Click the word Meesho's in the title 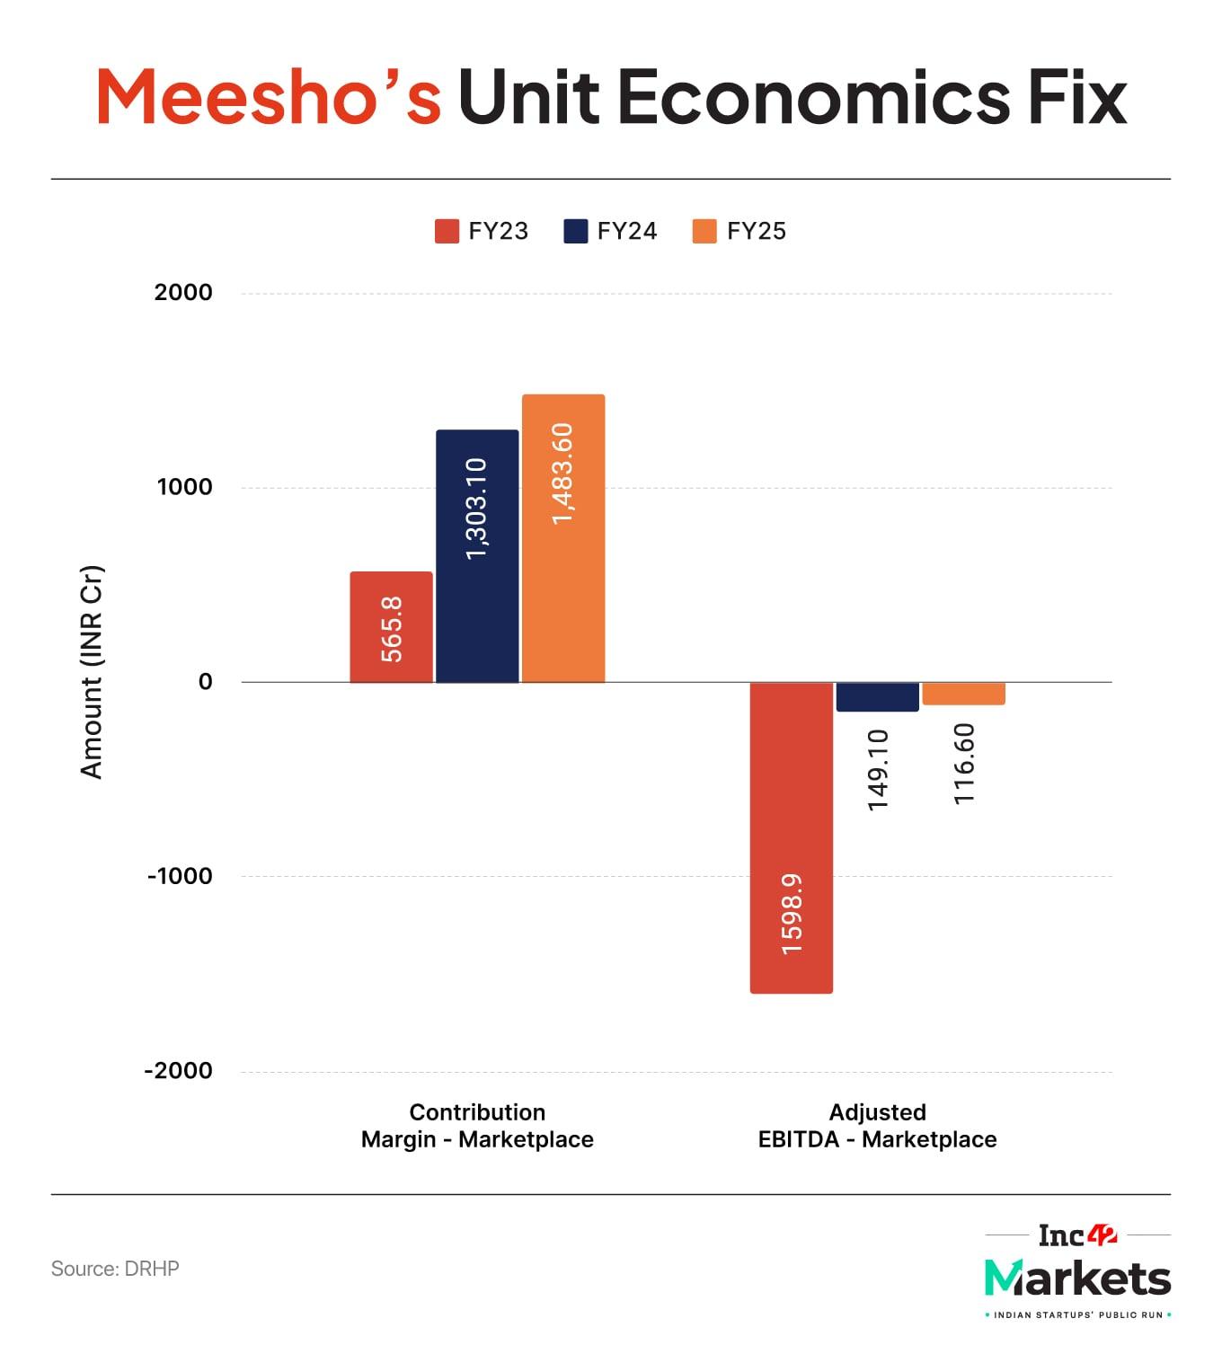point(269,96)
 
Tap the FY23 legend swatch point(447,232)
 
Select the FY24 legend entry point(611,232)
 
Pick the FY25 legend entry point(739,232)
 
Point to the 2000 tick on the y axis point(183,292)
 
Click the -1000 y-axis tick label point(180,876)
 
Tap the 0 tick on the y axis point(205,682)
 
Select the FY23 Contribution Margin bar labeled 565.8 point(391,627)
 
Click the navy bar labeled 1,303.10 point(477,556)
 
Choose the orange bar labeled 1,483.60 point(563,538)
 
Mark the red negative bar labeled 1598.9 point(792,837)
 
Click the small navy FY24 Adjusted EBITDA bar point(878,697)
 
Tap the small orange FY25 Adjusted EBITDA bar point(964,694)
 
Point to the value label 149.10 point(878,769)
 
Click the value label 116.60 point(964,764)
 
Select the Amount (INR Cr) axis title point(92,672)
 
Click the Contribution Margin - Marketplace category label point(477,1126)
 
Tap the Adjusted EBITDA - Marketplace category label point(878,1126)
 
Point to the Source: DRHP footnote point(115,1269)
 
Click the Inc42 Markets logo point(1077,1270)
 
